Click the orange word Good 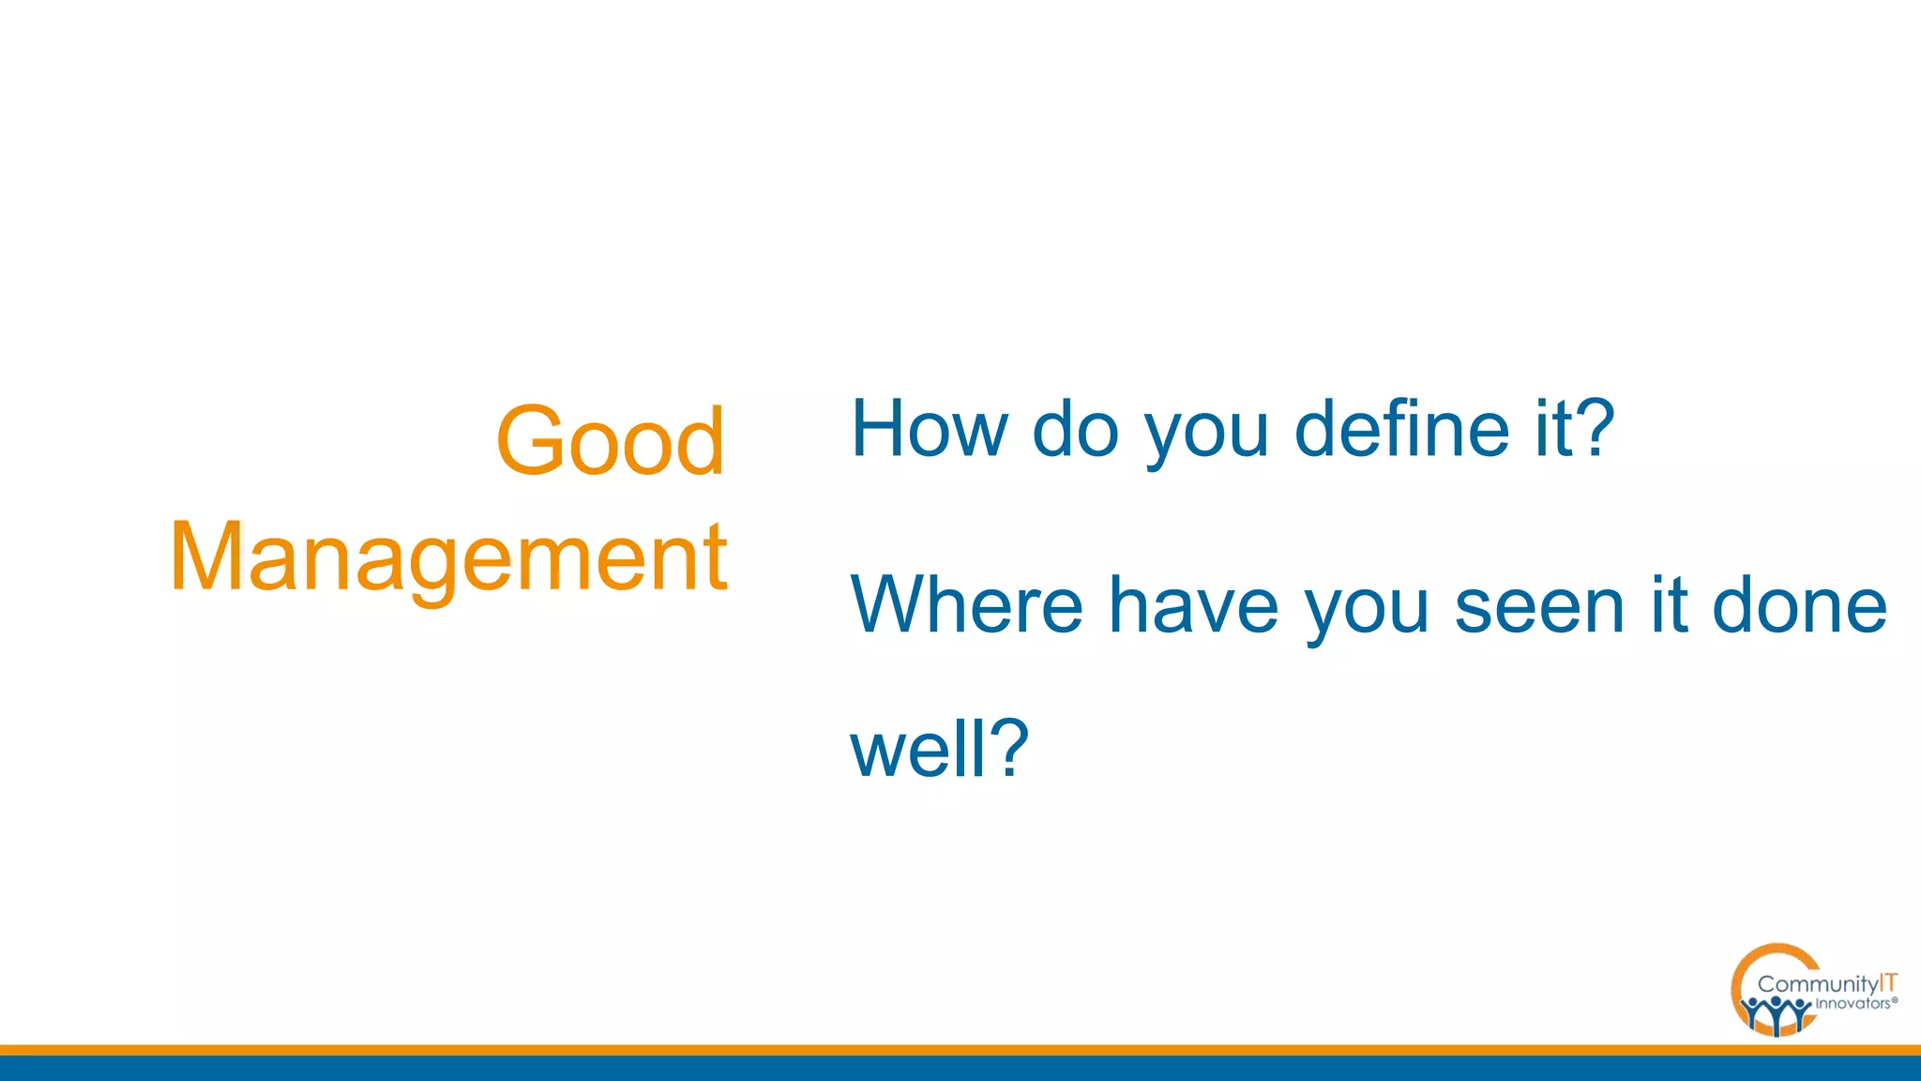[611, 441]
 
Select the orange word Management [448, 557]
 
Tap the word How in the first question [929, 429]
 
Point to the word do [1076, 429]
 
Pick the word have [1193, 606]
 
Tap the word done [1799, 606]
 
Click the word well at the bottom [918, 749]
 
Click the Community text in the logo [1817, 984]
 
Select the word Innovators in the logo [1852, 1004]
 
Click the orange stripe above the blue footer [938, 1050]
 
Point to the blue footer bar [938, 1069]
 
